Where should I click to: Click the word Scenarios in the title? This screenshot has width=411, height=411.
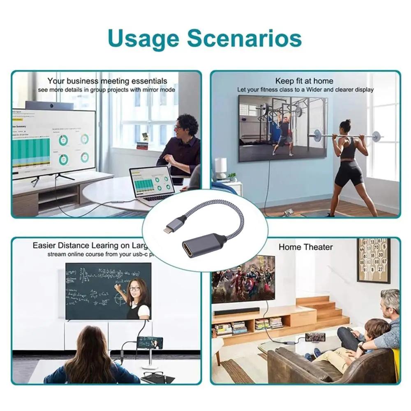coord(245,39)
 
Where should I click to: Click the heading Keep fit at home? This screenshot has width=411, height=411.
coord(304,81)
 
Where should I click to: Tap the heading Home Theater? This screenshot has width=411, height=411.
coord(305,247)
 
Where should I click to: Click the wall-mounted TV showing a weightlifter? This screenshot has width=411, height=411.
coord(283,127)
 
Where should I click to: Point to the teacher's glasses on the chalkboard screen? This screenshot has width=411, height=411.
coord(134,289)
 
